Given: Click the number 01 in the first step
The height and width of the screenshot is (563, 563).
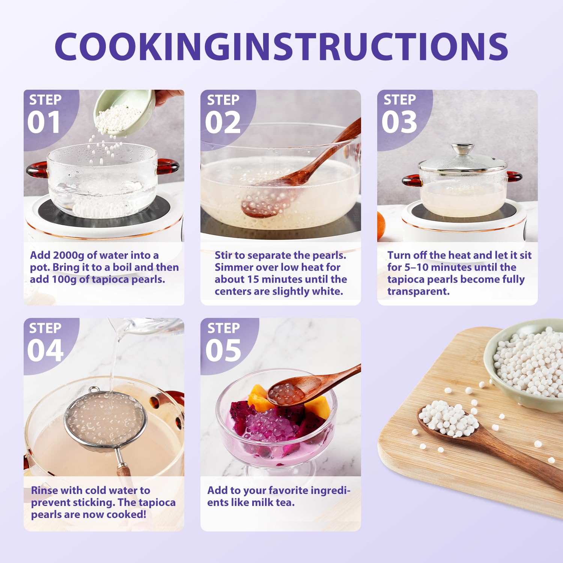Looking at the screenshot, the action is click(x=44, y=122).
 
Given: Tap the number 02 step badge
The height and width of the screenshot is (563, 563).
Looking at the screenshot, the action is click(x=223, y=122).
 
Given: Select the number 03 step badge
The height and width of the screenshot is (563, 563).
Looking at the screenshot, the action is click(x=399, y=122).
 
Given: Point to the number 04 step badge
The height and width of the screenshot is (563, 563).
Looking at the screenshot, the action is click(x=45, y=351).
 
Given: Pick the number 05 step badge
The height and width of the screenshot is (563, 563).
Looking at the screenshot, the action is click(x=223, y=351).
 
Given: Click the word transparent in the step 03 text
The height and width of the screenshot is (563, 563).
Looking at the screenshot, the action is click(x=418, y=292).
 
